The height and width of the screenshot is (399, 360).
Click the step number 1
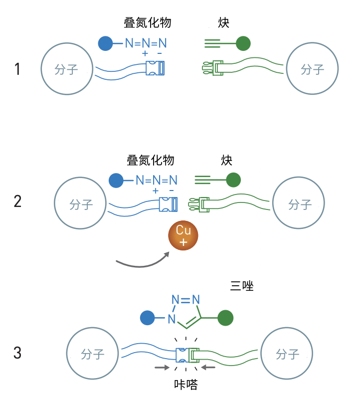17,68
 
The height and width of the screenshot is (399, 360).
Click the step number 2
18,201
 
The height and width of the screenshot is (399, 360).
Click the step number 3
18,353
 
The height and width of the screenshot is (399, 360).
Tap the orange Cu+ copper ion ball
183,236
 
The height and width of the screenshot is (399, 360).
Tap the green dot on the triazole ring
225,318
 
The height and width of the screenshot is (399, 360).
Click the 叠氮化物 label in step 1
148,23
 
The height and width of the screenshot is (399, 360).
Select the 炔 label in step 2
227,160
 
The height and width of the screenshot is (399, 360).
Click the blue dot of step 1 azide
106,44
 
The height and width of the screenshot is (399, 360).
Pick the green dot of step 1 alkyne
243,44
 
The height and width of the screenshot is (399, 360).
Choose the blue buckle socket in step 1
157,68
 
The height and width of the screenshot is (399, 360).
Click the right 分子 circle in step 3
288,354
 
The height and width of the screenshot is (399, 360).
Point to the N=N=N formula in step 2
157,180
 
